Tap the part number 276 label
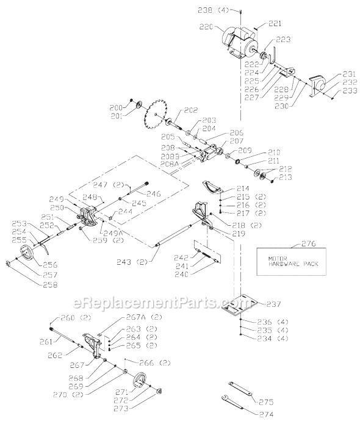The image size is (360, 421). (x=300, y=244)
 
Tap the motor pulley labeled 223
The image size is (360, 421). (x=266, y=57)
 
